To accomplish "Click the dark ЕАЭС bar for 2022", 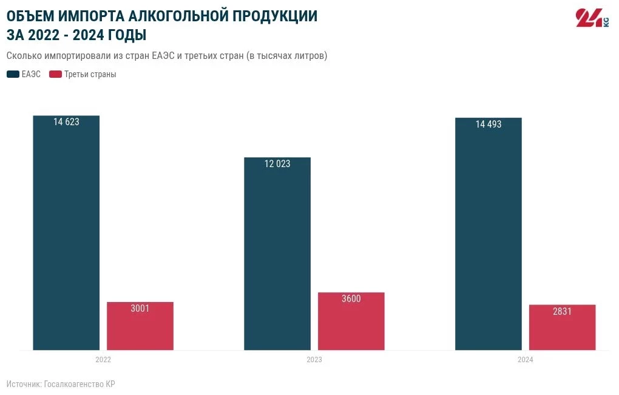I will coord(66,237).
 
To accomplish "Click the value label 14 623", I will coord(66,122).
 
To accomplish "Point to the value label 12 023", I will coord(277,164).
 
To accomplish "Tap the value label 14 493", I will coord(489,125).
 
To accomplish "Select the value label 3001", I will coord(140,309).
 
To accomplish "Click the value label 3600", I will coord(351,299).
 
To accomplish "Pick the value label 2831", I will coord(562,311).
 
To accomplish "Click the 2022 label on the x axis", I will coord(103,360).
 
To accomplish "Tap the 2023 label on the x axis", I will coord(314,360).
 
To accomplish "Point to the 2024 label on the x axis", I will coord(526,360).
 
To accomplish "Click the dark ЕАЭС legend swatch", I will coord(13,75).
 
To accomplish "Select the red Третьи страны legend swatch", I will coord(55,75).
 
